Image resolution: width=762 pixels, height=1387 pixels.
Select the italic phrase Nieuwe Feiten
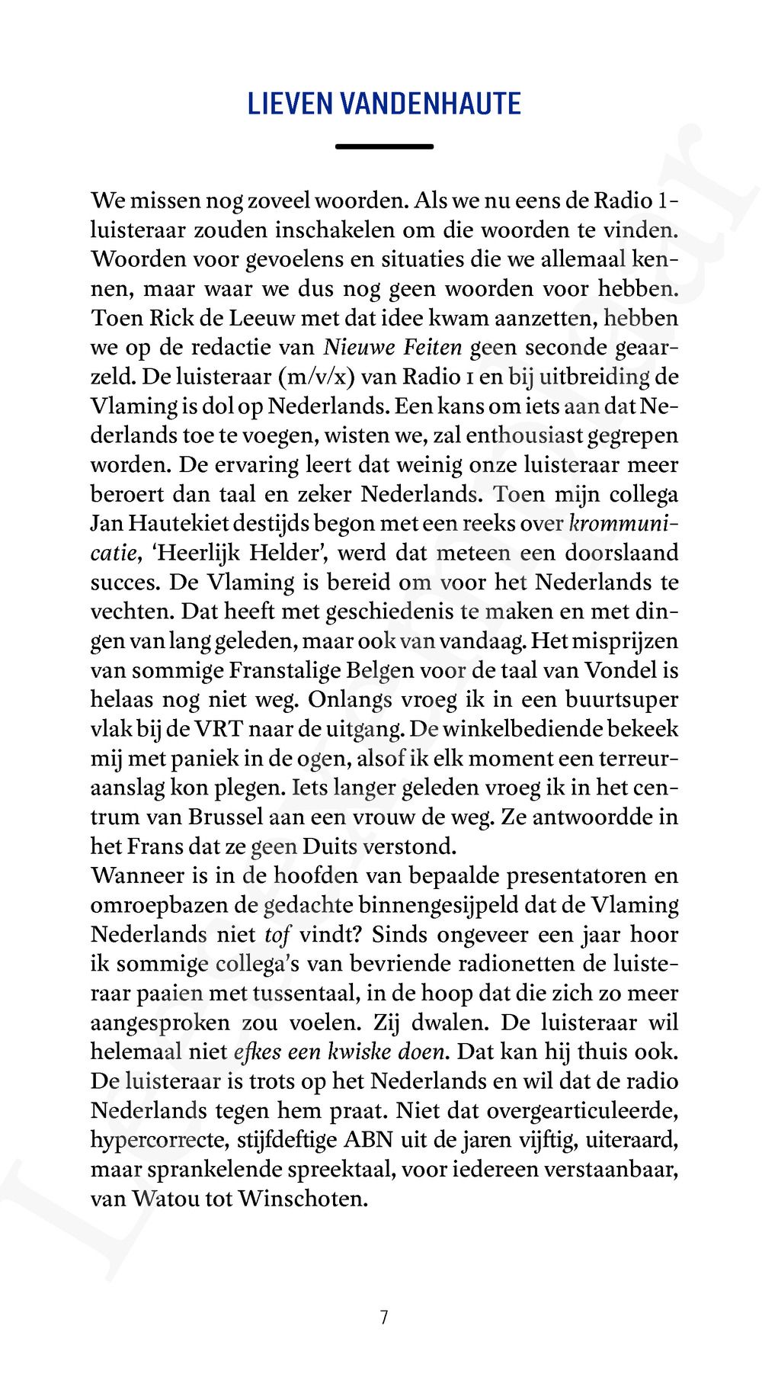pos(393,348)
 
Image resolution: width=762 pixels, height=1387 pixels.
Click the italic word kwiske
pos(364,1052)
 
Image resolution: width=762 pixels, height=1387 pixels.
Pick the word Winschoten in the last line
pos(303,1199)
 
